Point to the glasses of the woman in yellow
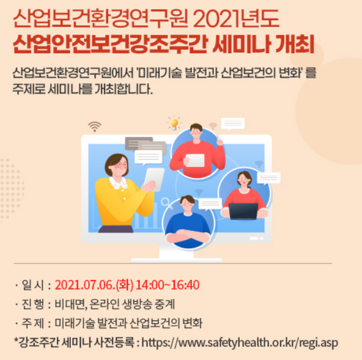[x=120, y=164]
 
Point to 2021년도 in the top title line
[x=238, y=20]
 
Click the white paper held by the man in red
[x=195, y=160]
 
